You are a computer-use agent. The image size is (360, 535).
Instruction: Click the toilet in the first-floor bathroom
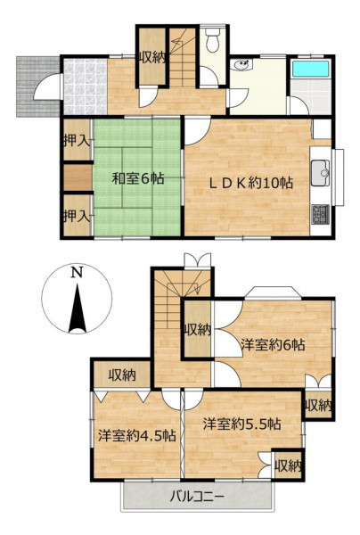pos(213,40)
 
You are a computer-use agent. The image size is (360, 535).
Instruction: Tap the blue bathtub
pos(311,69)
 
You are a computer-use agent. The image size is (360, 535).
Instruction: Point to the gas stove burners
pos(320,214)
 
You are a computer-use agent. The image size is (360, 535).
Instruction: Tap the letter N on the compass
pos(77,272)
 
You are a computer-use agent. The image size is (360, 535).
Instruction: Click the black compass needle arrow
pos(78,309)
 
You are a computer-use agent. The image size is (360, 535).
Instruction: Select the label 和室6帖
pos(138,178)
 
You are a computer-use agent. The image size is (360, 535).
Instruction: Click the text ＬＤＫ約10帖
pos(251,183)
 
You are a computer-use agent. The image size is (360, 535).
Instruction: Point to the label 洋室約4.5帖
pos(137,436)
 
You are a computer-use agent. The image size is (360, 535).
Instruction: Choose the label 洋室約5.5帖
pos(242,424)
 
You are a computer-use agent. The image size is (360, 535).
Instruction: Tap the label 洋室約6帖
pos(273,344)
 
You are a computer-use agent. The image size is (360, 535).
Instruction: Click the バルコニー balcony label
pos(198,496)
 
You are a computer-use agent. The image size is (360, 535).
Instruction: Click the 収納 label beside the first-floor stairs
pos(152,57)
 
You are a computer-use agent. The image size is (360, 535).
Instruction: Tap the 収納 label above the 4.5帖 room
pos(122,375)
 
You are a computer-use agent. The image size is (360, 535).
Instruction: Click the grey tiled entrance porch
pos(37,86)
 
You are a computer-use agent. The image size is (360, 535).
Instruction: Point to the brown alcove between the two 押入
pos(78,177)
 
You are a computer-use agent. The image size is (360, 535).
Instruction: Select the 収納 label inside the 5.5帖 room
pos(289,465)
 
